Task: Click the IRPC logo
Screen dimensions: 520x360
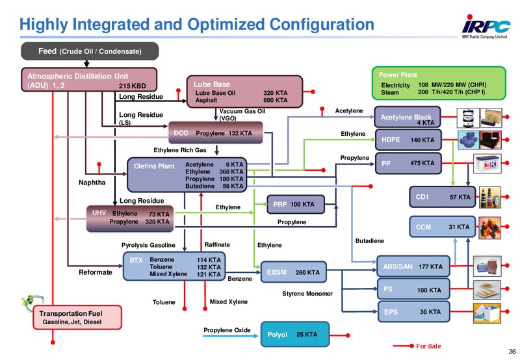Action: tap(486, 27)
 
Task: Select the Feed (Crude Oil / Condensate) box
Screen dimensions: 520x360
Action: tap(90, 51)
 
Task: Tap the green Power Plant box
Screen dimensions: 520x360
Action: tap(439, 83)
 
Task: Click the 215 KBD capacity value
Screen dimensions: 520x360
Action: tap(133, 86)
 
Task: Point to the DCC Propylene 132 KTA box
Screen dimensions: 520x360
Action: tap(216, 133)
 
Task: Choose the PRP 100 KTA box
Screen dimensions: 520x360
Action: tap(296, 204)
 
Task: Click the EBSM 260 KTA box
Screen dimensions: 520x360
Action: tap(294, 272)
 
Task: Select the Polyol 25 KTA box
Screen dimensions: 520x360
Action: tap(295, 334)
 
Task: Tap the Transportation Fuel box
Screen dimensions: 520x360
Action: tap(77, 317)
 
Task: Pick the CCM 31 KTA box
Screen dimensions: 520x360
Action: tap(443, 227)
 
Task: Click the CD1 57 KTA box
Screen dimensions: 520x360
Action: tap(443, 197)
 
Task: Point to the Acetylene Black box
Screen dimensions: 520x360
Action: tap(408, 117)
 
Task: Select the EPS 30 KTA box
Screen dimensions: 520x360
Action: tap(413, 312)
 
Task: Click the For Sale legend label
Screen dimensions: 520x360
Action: tap(428, 346)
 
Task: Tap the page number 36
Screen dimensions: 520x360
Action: tap(512, 352)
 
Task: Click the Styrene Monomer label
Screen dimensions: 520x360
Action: tap(307, 294)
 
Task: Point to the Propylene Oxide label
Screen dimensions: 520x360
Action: tap(227, 330)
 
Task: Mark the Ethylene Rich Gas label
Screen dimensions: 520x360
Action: tap(180, 150)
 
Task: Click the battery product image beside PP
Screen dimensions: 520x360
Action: tap(487, 163)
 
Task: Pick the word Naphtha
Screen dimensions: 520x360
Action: tap(92, 183)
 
